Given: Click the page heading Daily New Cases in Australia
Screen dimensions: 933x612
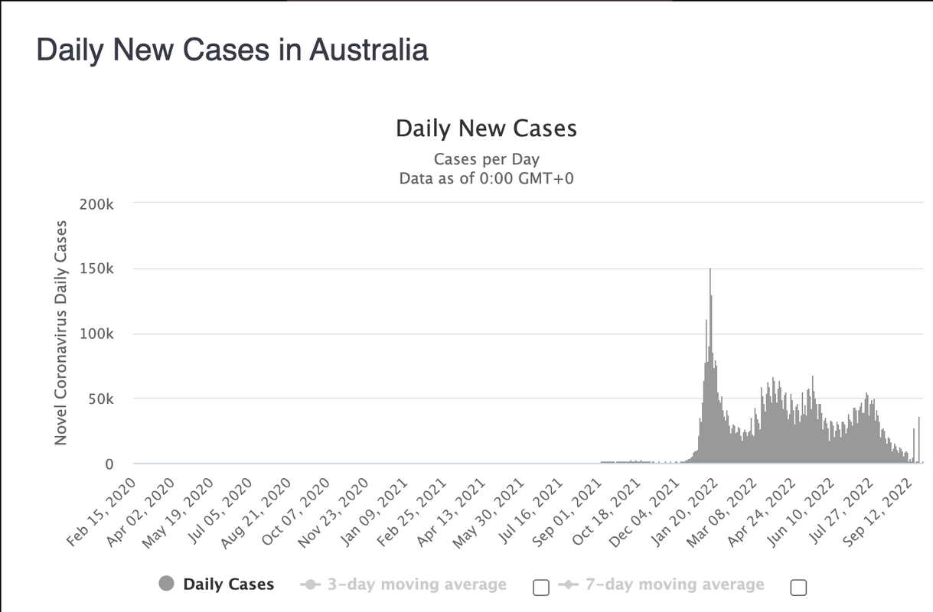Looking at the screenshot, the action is [232, 50].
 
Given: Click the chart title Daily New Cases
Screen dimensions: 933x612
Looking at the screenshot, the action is [486, 129].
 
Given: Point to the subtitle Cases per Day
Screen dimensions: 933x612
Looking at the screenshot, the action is [487, 159].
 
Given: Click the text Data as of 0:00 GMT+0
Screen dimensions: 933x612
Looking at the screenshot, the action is [487, 178].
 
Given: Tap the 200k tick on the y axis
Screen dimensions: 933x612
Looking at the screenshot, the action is [96, 204].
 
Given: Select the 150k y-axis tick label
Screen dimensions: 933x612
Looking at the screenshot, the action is [96, 269].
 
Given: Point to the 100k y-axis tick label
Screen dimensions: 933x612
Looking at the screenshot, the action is [96, 334].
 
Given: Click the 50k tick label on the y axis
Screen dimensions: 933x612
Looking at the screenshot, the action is [100, 399].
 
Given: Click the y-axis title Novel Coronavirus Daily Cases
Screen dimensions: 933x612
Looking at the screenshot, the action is [60, 333].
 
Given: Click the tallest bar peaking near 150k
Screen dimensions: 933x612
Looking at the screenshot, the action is [710, 366].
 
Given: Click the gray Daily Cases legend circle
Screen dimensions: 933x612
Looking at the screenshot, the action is [166, 583].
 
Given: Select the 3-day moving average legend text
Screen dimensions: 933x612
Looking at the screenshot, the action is [417, 584].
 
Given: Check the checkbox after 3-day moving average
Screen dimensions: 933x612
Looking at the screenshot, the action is [541, 588].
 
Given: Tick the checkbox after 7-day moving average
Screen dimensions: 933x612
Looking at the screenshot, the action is [798, 588].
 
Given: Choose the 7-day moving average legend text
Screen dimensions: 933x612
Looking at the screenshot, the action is [675, 584].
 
